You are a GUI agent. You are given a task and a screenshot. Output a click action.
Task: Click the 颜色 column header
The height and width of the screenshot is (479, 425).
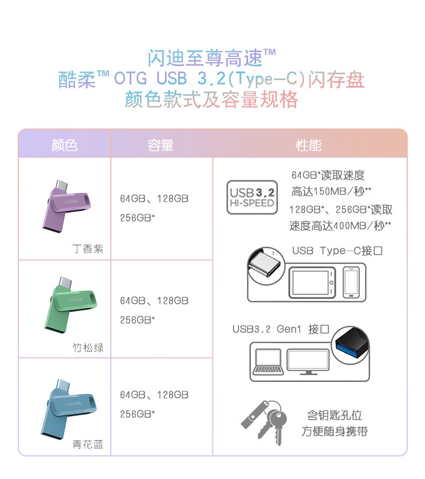click(x=64, y=145)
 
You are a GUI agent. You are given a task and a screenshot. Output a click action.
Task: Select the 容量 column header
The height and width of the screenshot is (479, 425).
click(x=160, y=145)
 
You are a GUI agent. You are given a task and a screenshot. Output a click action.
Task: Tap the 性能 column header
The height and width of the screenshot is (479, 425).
click(x=309, y=145)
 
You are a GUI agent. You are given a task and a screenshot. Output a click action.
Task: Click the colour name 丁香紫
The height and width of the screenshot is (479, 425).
click(x=88, y=249)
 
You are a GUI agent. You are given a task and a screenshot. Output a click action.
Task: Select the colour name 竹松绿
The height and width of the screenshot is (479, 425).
click(x=88, y=348)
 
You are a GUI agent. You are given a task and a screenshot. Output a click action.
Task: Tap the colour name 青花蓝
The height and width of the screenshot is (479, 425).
click(x=88, y=444)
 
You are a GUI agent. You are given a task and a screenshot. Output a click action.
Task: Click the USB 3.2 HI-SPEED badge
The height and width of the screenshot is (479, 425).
click(x=252, y=197)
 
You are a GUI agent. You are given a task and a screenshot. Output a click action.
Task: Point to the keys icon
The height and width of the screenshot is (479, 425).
click(x=264, y=423)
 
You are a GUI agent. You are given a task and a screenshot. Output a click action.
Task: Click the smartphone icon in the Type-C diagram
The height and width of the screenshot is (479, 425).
click(x=351, y=282)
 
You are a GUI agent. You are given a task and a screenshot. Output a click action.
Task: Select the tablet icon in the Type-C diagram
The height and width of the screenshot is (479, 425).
click(x=312, y=283)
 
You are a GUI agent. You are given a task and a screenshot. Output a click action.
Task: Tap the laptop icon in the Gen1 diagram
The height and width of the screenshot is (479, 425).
click(x=268, y=362)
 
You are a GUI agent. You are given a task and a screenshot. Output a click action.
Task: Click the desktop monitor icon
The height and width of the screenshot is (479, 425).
click(x=308, y=362)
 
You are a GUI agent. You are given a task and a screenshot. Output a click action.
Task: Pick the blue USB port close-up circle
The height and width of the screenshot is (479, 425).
click(x=351, y=345)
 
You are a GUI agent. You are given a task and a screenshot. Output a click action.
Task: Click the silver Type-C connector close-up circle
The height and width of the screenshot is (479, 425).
click(x=266, y=266)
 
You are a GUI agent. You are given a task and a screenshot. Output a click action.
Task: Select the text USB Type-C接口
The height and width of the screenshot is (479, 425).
click(x=337, y=251)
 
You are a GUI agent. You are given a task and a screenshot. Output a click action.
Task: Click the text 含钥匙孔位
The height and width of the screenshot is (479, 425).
click(x=335, y=415)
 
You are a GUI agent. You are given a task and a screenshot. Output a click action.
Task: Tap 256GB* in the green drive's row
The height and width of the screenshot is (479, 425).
click(x=137, y=320)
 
